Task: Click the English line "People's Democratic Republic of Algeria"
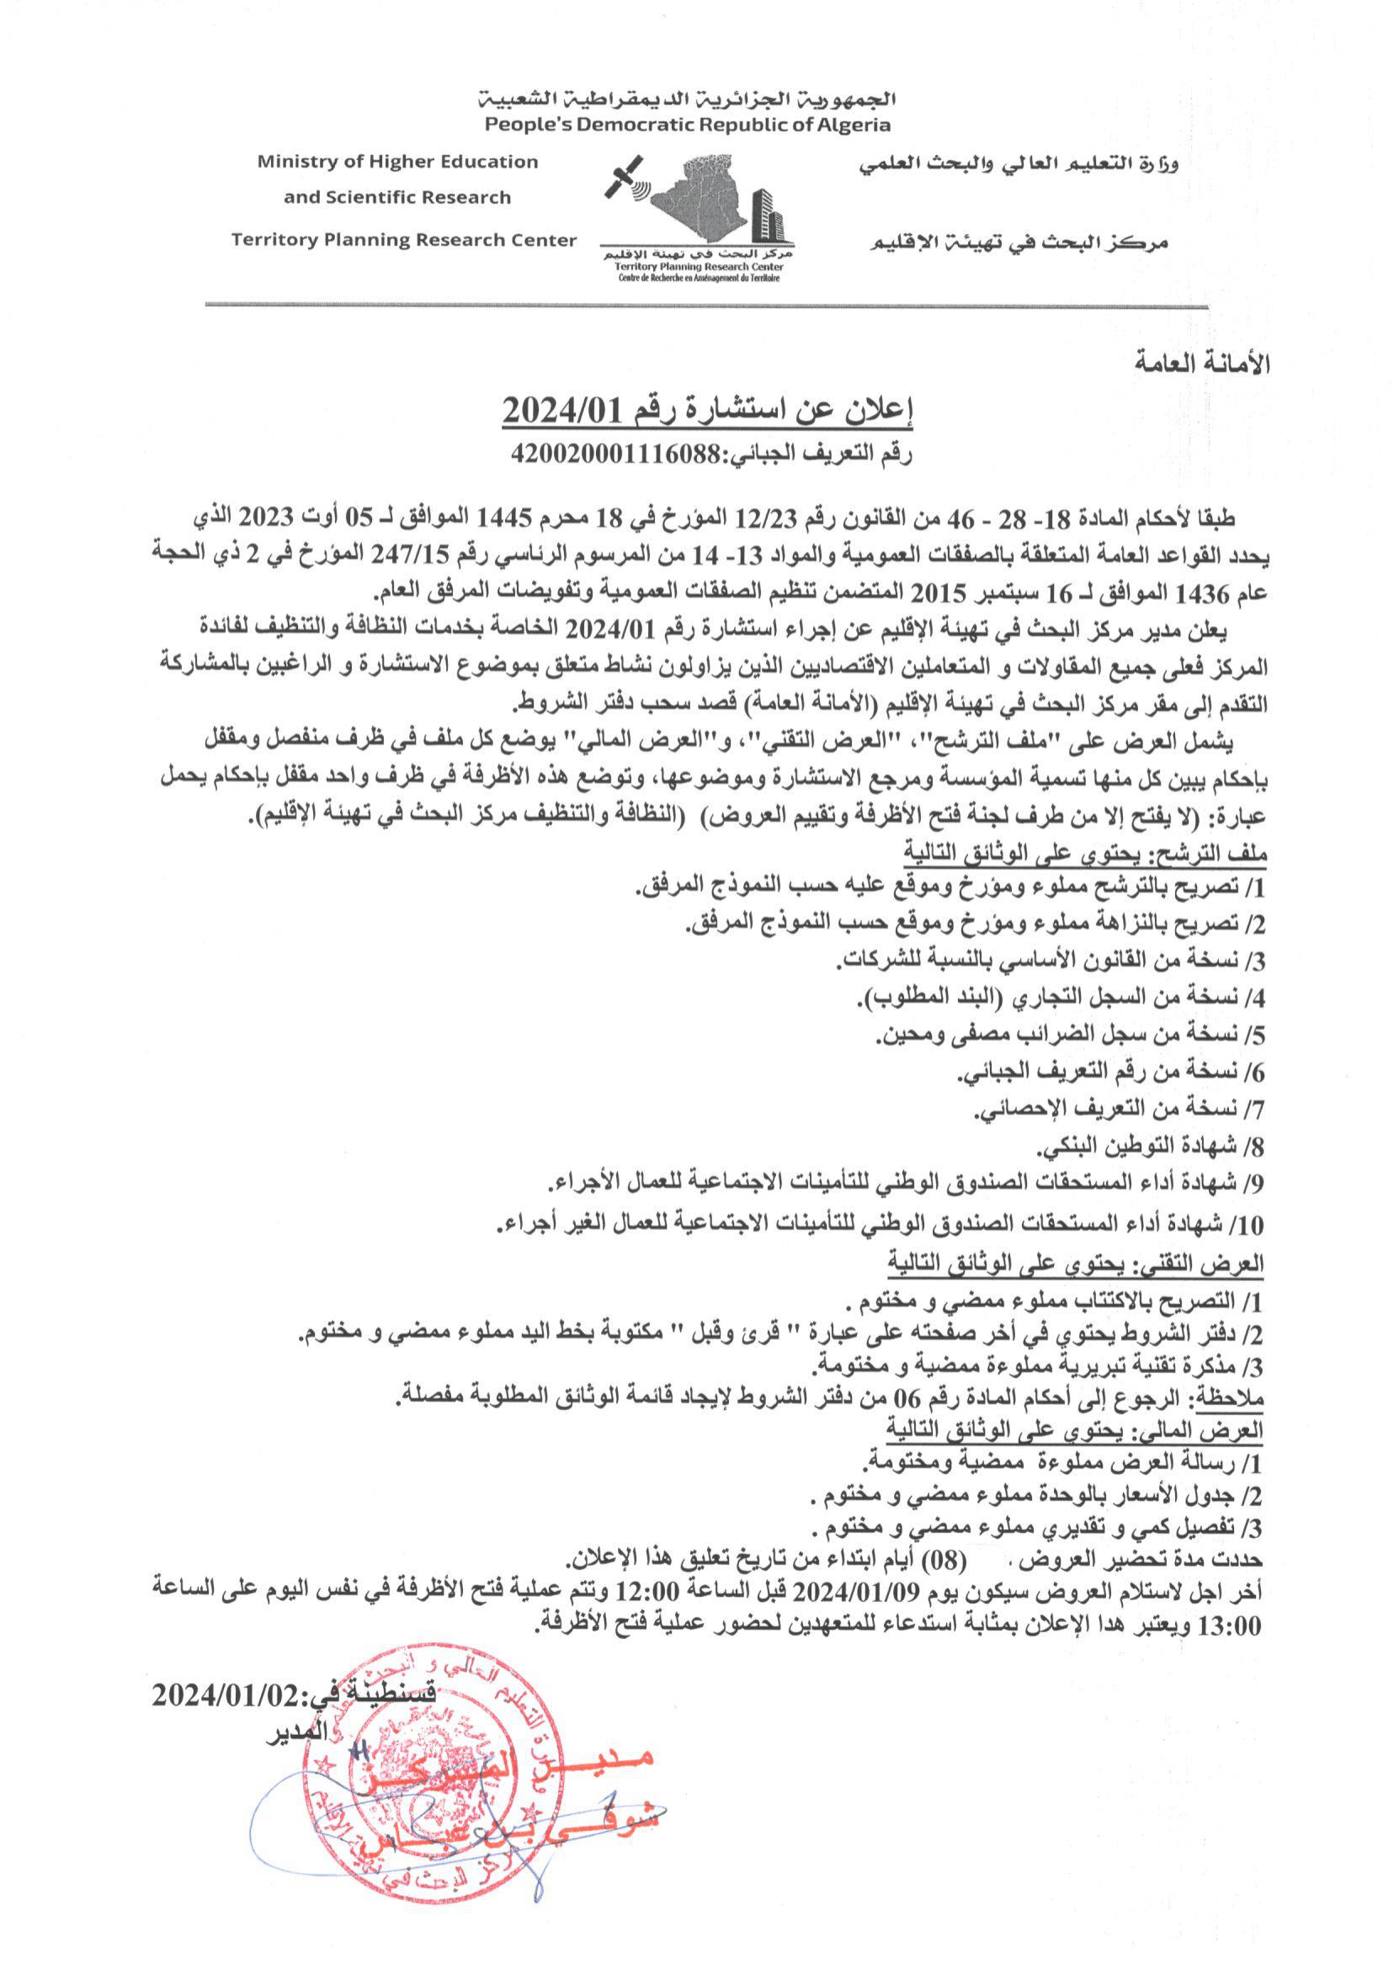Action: tap(688, 125)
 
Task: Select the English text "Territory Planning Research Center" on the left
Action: tap(403, 240)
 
